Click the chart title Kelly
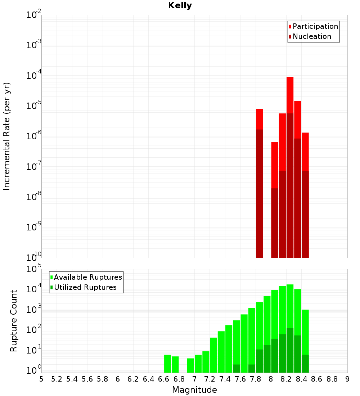coord(180,6)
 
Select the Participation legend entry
coord(315,26)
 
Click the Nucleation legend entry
coord(312,36)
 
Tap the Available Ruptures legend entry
coord(88,277)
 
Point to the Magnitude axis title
coord(194,390)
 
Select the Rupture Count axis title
coord(14,321)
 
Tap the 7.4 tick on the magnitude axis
coord(225,379)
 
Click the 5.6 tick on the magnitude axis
coord(87,379)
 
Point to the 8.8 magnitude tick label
coord(332,379)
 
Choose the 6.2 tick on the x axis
coord(133,379)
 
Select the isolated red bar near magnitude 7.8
coord(260,119)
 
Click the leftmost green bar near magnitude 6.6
coord(168,364)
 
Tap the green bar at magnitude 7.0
coord(198,364)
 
